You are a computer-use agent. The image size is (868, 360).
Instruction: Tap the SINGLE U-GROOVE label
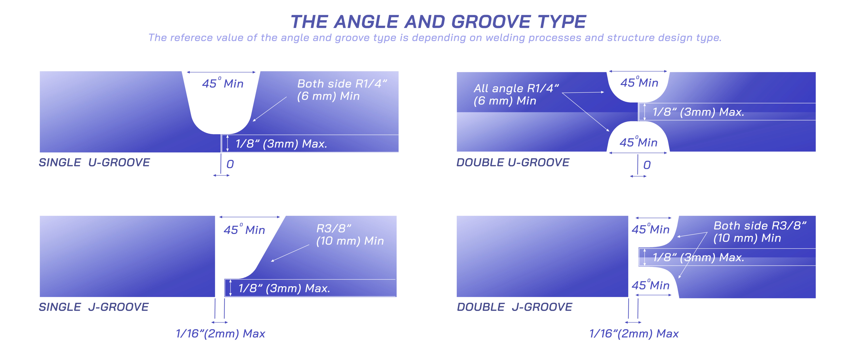(94, 163)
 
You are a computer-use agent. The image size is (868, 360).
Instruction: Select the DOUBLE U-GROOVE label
(513, 163)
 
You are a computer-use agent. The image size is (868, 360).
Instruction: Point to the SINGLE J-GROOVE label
(94, 307)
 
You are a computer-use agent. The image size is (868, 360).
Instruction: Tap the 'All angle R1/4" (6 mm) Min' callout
(516, 94)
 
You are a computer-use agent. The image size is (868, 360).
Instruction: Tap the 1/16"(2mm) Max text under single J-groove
(220, 334)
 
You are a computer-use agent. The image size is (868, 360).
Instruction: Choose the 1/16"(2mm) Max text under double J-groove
(634, 334)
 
